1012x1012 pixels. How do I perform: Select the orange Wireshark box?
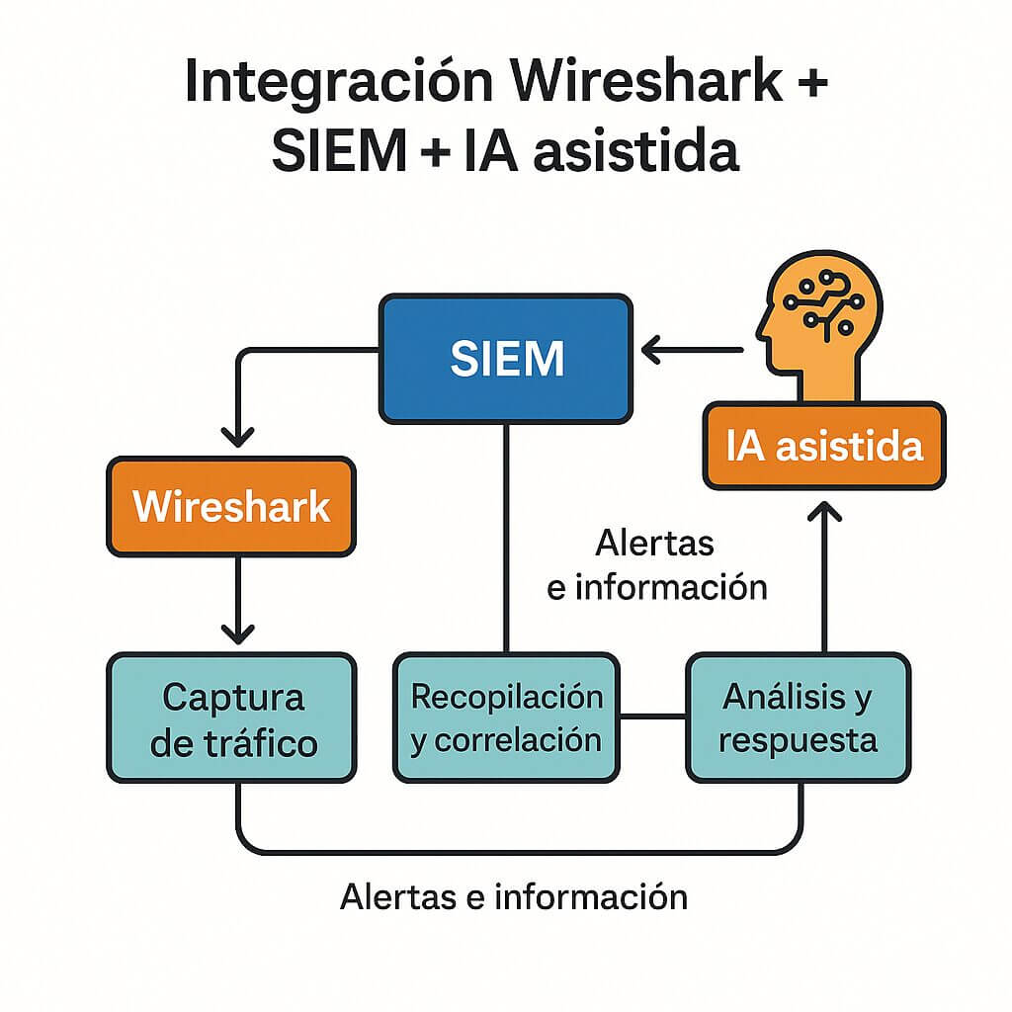pyautogui.click(x=230, y=507)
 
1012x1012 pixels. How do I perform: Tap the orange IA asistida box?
pyautogui.click(x=823, y=446)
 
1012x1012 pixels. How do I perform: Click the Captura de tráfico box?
pyautogui.click(x=230, y=718)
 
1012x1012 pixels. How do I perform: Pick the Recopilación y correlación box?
pyautogui.click(x=506, y=718)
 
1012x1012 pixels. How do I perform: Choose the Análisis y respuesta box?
pyautogui.click(x=798, y=718)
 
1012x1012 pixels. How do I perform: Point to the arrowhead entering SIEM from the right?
pyautogui.click(x=653, y=349)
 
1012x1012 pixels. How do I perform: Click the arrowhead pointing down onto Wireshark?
pyautogui.click(x=237, y=435)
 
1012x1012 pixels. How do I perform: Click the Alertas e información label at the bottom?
pyautogui.click(x=513, y=896)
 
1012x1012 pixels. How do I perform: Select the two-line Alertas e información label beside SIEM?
pyautogui.click(x=656, y=564)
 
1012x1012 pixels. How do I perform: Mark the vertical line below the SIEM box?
pyautogui.click(x=506, y=534)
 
